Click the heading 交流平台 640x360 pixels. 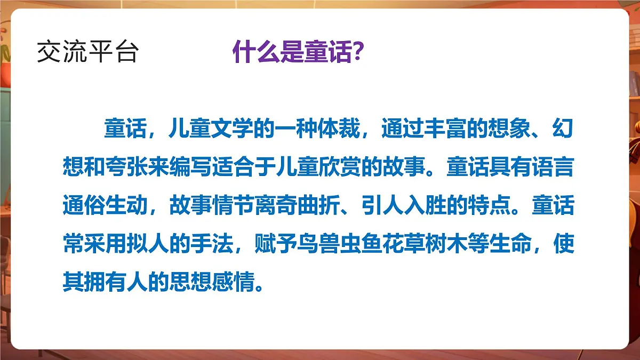pos(87,53)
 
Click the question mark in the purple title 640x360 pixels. pos(359,53)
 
